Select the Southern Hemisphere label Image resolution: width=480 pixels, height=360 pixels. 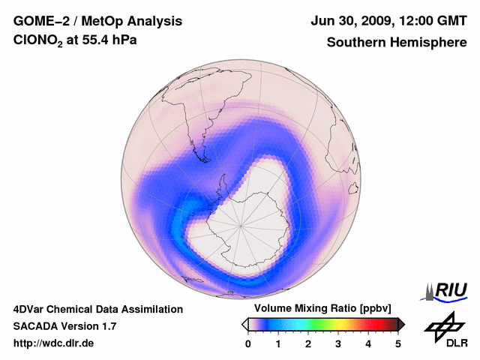click(x=397, y=43)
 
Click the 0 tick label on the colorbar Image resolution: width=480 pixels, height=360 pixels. click(x=248, y=344)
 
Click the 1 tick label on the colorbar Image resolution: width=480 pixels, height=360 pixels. click(x=278, y=344)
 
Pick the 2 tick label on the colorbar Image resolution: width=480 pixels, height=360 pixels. click(x=308, y=344)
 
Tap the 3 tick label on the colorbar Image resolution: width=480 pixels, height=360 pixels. click(x=338, y=344)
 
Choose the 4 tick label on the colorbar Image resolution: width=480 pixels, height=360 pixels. click(x=368, y=344)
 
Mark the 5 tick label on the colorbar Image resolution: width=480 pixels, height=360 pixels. click(x=398, y=344)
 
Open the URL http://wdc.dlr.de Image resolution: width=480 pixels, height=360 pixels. click(x=54, y=343)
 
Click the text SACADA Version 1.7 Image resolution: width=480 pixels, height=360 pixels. click(x=64, y=326)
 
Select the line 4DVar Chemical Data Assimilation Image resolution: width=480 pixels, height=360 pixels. click(x=97, y=309)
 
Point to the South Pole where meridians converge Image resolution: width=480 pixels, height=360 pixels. click(x=241, y=226)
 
